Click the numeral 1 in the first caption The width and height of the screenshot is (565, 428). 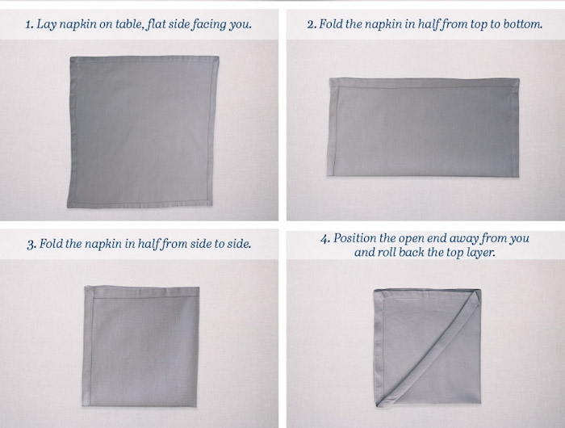(29, 24)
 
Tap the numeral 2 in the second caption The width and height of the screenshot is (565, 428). (311, 24)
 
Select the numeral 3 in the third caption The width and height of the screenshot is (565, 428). (31, 244)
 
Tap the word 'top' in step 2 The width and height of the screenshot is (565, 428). (478, 25)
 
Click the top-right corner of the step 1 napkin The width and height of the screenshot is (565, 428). (219, 57)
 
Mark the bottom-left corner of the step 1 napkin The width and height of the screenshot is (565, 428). (68, 207)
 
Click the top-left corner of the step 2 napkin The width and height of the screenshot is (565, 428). (330, 78)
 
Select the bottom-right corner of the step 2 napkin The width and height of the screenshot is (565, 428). (518, 176)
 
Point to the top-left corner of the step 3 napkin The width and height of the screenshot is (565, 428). (86, 287)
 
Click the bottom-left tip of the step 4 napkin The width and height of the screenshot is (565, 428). (377, 406)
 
